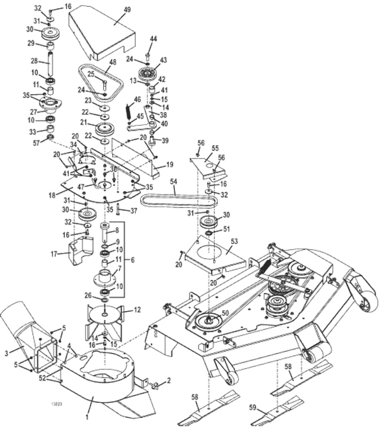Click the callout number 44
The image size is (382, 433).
pyautogui.click(x=153, y=39)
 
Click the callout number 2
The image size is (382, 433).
pyautogui.click(x=168, y=380)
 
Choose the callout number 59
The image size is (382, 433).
pyautogui.click(x=252, y=407)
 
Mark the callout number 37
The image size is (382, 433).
pyautogui.click(x=134, y=211)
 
